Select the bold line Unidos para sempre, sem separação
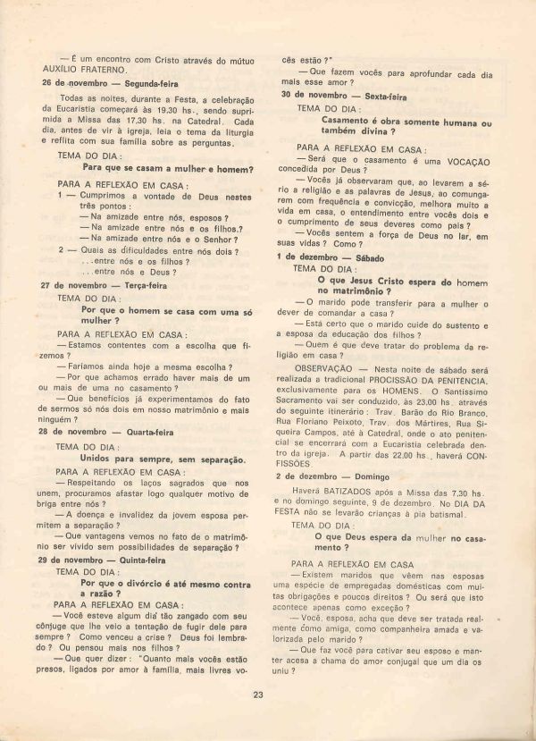(x=163, y=459)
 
